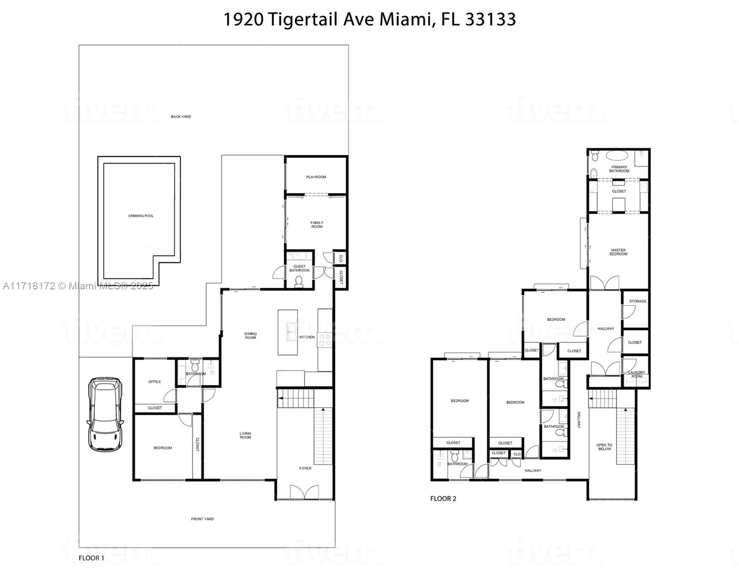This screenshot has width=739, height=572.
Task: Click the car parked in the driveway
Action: tap(105, 414)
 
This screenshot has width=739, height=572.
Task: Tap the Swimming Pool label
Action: tap(141, 216)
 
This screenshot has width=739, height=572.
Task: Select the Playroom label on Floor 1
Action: tap(316, 177)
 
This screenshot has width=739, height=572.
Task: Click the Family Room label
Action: tap(317, 225)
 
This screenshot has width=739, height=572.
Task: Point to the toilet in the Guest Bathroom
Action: tap(299, 281)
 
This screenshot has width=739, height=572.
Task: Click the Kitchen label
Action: tap(307, 337)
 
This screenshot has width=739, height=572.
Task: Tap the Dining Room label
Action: tap(250, 336)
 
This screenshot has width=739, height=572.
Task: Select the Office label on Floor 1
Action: tap(154, 382)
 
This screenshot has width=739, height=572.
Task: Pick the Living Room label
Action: tap(245, 435)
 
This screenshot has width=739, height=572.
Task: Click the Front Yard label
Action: tap(202, 519)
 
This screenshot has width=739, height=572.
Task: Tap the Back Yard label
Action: tap(181, 117)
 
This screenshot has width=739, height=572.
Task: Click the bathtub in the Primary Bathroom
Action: tap(618, 156)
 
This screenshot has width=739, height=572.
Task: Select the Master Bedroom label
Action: tap(618, 252)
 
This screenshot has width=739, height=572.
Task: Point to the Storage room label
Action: tap(637, 301)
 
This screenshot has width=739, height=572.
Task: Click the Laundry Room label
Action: tap(636, 374)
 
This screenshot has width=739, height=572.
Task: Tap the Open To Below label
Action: tap(604, 447)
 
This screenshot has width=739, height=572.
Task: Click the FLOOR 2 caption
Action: tap(443, 499)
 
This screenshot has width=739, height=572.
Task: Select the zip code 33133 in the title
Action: tap(490, 20)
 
